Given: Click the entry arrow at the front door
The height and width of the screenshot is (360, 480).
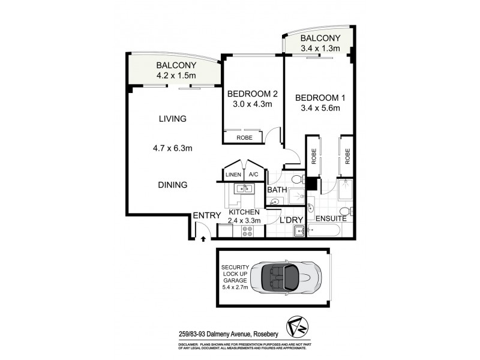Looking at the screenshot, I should coord(203,238).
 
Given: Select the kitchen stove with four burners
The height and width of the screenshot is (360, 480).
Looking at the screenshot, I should coord(247,230).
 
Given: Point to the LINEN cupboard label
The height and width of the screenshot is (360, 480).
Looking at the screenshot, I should coord(233,175).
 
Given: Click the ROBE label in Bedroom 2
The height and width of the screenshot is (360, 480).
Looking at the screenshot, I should coord(244,137).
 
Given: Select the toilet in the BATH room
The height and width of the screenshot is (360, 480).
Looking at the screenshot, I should coord(295,179).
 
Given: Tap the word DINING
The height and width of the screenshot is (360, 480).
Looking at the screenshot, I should coord(173,185).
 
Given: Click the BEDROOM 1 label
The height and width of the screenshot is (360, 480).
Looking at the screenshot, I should coord(318,98).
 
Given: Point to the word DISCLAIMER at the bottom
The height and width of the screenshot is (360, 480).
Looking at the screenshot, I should coord(191,344).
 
